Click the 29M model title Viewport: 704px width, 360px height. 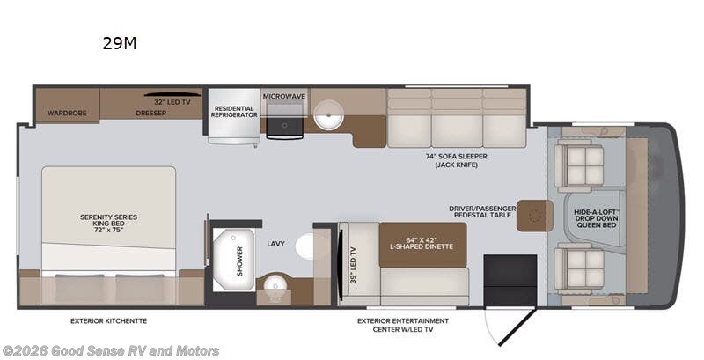[120, 43]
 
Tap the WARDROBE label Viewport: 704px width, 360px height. [67, 114]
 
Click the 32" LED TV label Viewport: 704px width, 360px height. [172, 102]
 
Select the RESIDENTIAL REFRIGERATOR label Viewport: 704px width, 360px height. [234, 112]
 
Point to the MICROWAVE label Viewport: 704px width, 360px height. [284, 97]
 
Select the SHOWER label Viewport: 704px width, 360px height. [239, 261]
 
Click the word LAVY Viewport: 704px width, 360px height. [275, 244]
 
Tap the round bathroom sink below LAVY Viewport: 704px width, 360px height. [273, 286]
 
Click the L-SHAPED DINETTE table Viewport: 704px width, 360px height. [423, 245]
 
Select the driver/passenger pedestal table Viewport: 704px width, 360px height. [534, 216]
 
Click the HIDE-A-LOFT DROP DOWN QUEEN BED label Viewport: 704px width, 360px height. [597, 217]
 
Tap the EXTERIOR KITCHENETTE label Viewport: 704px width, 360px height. [108, 321]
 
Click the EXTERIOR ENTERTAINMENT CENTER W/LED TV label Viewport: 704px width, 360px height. [403, 325]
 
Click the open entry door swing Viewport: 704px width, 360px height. [517, 327]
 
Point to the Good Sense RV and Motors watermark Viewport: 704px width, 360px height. [111, 350]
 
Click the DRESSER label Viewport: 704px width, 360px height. [150, 114]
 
